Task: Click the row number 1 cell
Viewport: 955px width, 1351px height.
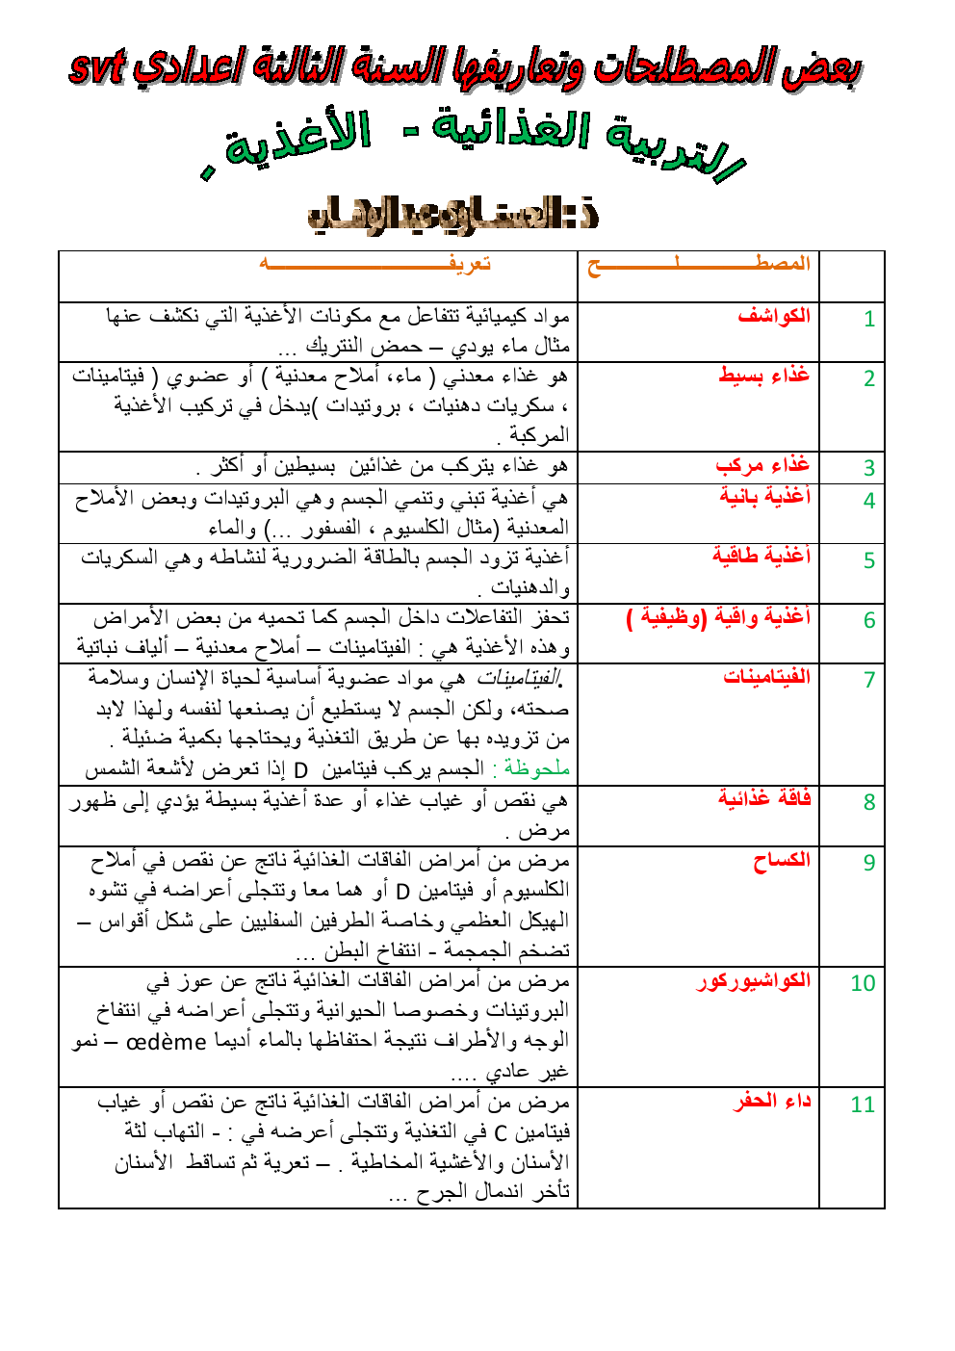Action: point(868,319)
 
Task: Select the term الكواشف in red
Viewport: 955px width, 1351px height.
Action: point(774,316)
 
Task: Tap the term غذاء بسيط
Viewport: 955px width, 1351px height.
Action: point(764,376)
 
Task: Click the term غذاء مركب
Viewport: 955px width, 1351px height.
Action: point(762,466)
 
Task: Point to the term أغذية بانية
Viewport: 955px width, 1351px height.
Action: point(765,497)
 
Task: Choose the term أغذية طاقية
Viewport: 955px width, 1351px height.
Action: point(761,556)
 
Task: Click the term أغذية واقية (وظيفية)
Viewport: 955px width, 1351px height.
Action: point(718,617)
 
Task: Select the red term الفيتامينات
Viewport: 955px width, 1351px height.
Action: point(767,677)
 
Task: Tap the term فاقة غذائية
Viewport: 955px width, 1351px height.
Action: point(764,798)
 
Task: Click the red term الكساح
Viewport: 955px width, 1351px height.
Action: point(782,860)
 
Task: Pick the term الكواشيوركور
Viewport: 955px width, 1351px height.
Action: point(754,981)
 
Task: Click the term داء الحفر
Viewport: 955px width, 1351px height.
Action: point(773,1101)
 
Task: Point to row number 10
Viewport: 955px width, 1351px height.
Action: point(863,983)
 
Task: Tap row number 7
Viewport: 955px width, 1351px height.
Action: point(869,680)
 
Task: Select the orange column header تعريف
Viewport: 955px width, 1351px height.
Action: point(470,264)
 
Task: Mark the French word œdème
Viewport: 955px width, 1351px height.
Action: point(167,1042)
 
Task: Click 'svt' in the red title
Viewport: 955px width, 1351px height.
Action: point(97,66)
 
